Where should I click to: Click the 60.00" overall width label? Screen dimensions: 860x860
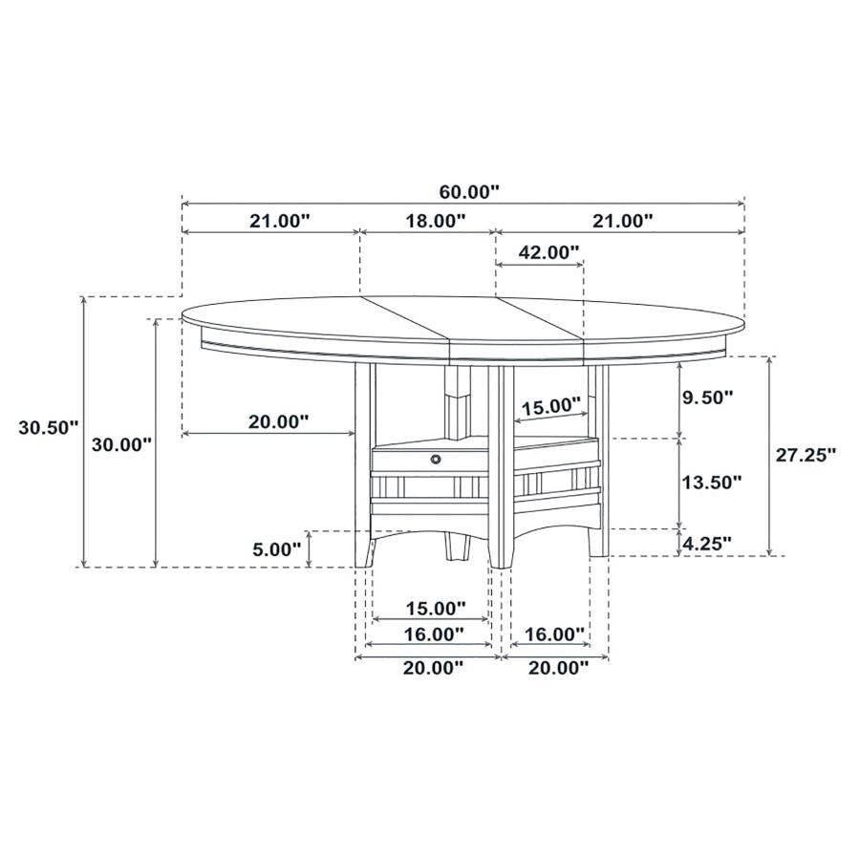point(462,191)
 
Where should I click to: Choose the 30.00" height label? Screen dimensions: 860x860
point(120,444)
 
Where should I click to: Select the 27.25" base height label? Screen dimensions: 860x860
point(806,455)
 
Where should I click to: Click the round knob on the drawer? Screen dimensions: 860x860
point(437,461)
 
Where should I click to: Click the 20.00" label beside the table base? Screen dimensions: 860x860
point(277,421)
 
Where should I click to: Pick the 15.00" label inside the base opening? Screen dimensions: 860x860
point(549,406)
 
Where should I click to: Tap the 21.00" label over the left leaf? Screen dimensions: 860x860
point(280,221)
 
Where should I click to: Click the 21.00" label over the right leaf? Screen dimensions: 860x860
point(621,221)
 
